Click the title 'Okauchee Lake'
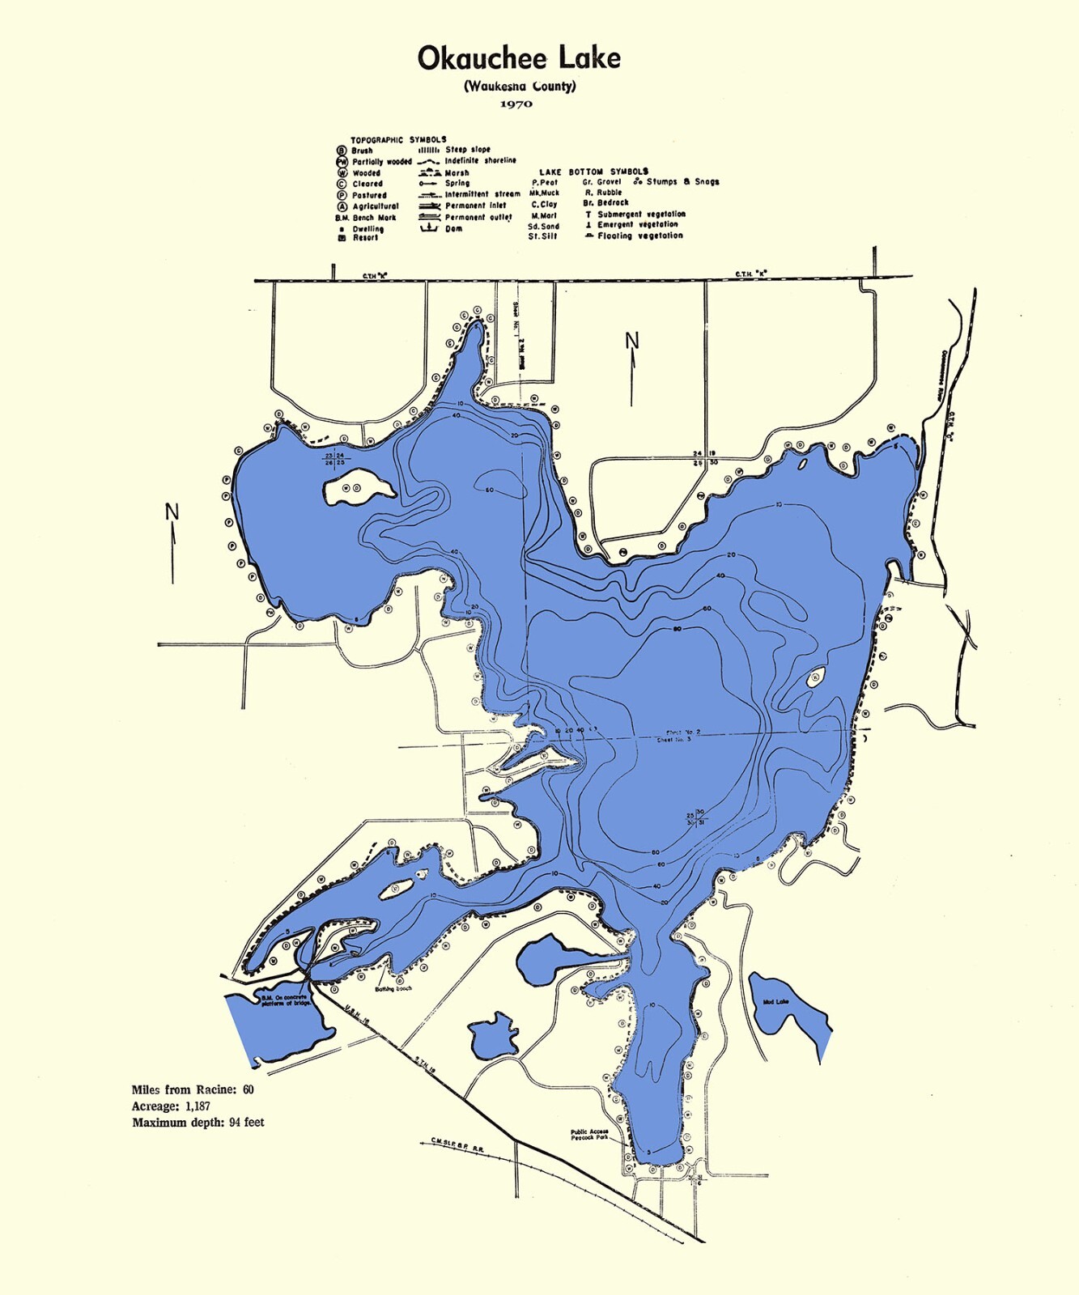coord(519,58)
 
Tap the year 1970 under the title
coord(516,104)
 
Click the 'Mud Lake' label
coord(775,1002)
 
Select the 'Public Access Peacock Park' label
coord(589,1135)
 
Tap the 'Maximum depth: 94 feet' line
coord(198,1123)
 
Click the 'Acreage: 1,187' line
coord(171,1106)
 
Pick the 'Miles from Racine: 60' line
coord(193,1089)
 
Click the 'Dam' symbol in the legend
coord(429,228)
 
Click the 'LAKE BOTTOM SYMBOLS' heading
coord(593,172)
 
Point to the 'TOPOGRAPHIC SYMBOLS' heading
coord(397,139)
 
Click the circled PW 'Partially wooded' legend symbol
coord(342,162)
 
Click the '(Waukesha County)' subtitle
coord(520,86)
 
